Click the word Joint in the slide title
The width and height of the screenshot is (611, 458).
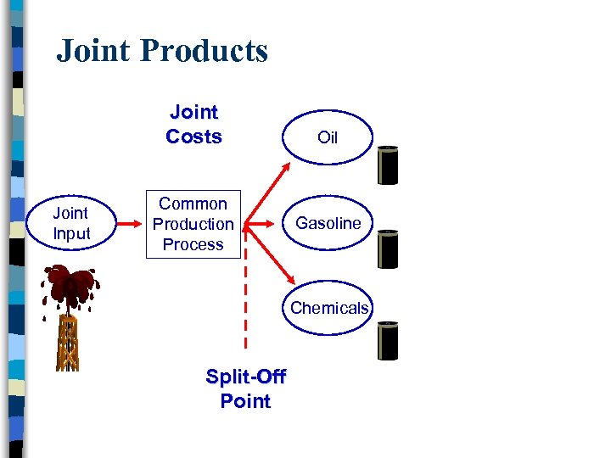(92, 51)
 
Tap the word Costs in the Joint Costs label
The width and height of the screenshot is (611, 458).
(193, 137)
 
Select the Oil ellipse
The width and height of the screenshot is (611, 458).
(328, 137)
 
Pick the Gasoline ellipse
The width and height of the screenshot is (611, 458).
(328, 223)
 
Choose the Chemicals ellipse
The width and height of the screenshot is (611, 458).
(329, 308)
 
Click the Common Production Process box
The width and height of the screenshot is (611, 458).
(193, 224)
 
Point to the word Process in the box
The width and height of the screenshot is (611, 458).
(193, 244)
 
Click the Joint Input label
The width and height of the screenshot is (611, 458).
(71, 224)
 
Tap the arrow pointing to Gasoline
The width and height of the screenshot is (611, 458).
(264, 224)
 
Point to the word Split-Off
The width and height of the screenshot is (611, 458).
(246, 376)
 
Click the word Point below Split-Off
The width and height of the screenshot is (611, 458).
(245, 401)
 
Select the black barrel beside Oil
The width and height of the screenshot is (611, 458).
(387, 165)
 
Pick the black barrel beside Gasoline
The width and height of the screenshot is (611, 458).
(387, 249)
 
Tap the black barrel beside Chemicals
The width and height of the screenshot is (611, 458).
(387, 341)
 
